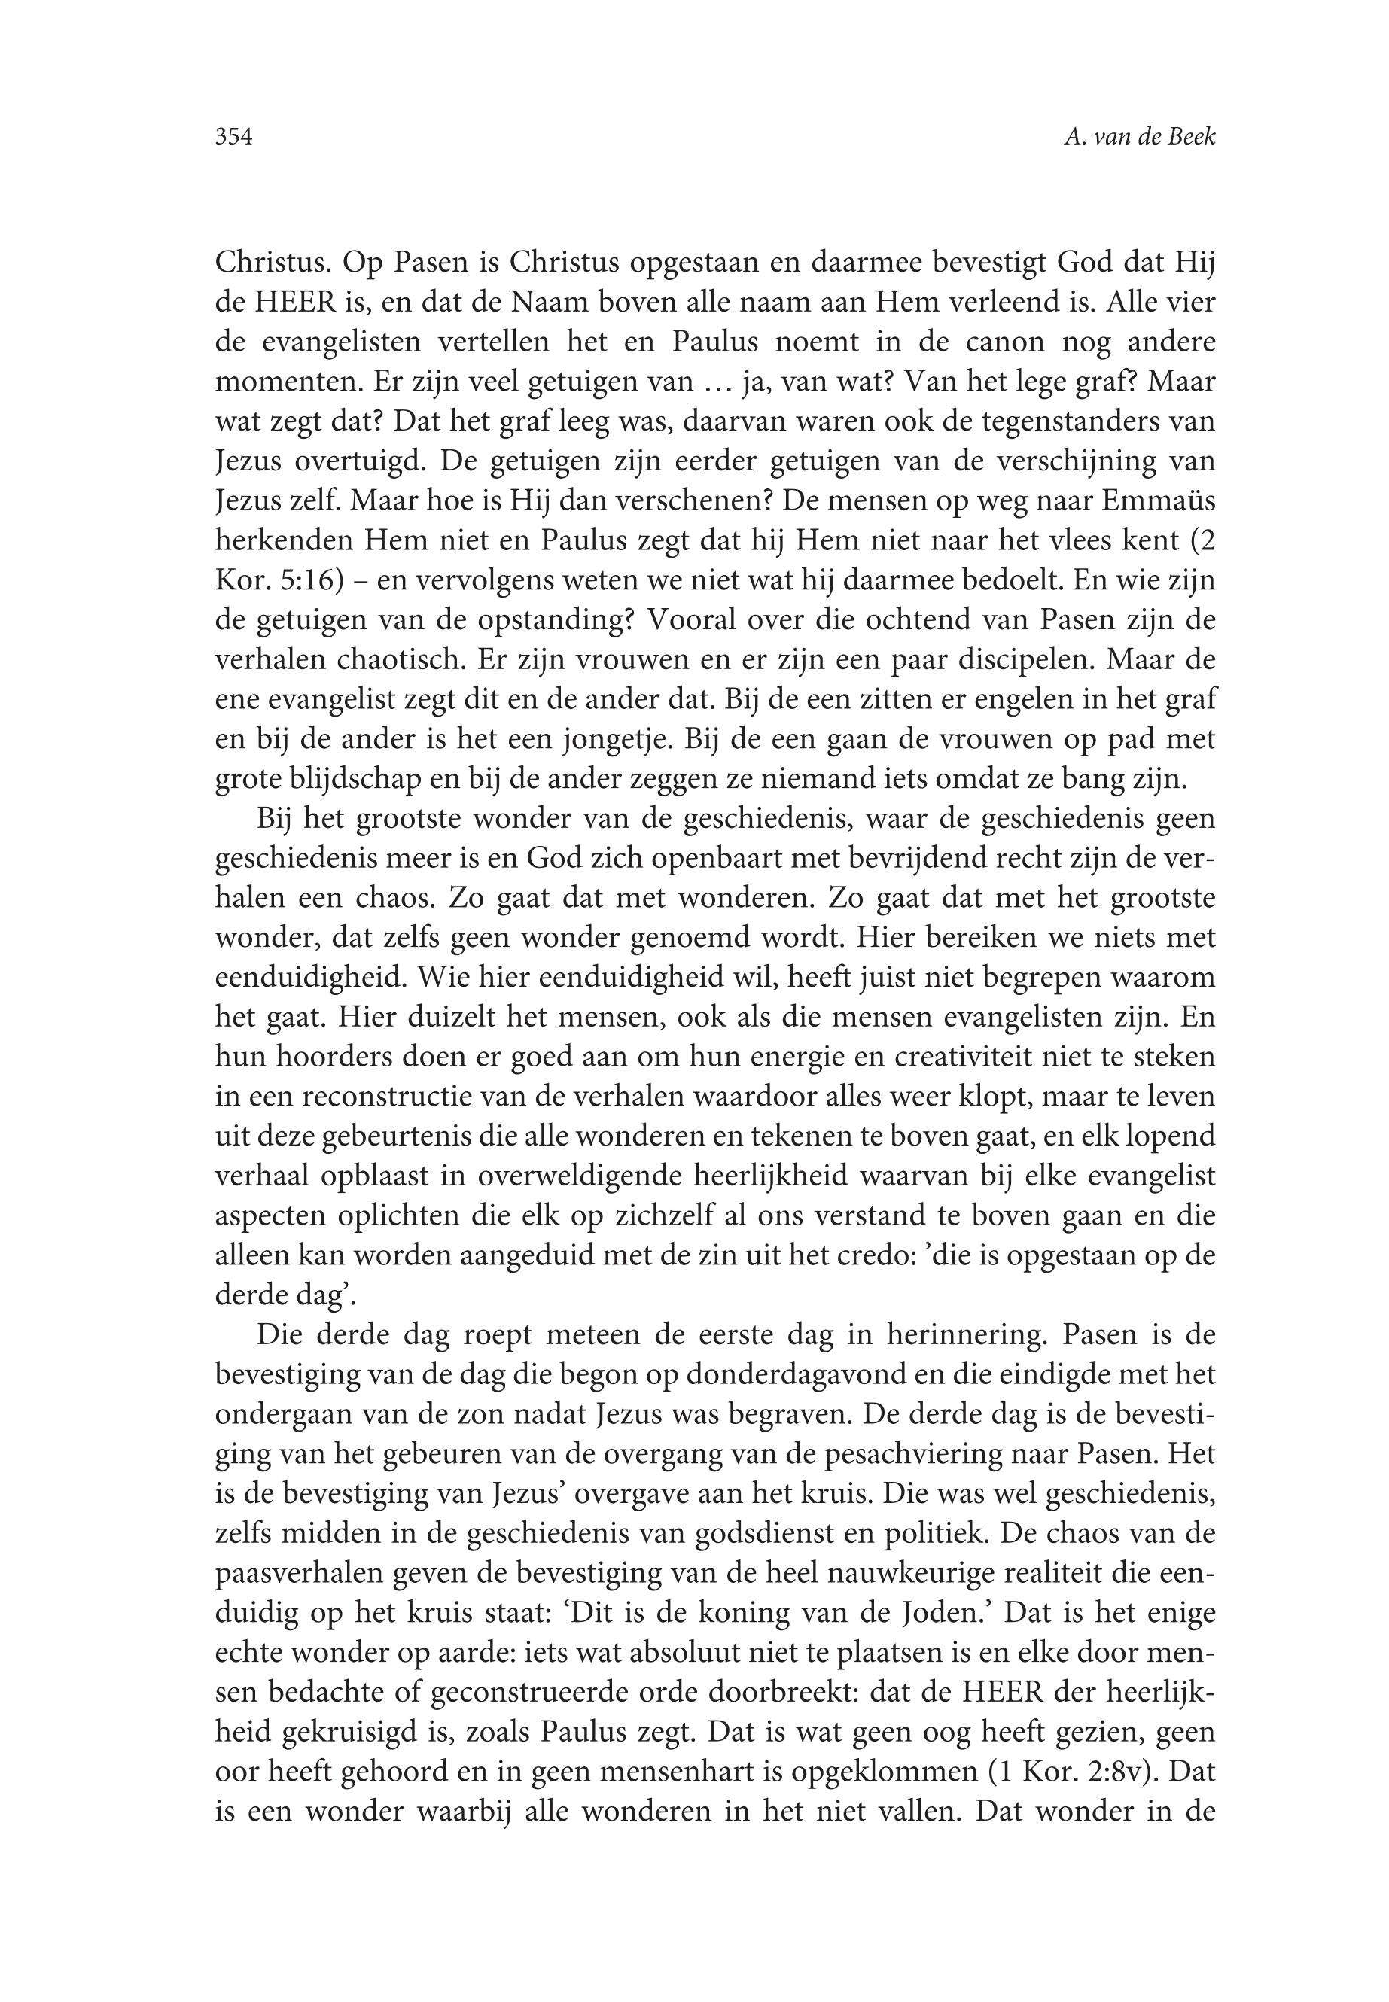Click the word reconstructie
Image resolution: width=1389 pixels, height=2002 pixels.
(357, 1097)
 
